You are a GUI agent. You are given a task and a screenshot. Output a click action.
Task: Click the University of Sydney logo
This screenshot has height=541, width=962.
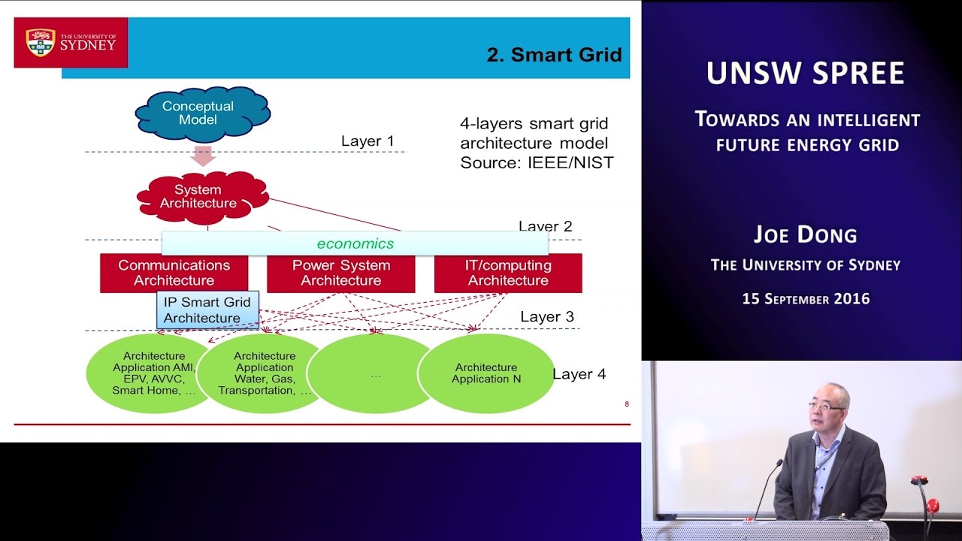pos(71,43)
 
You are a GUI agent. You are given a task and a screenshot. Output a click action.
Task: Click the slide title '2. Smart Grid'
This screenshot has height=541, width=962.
pos(554,55)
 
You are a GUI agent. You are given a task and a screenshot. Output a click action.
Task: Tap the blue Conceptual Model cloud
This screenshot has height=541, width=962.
pos(198,113)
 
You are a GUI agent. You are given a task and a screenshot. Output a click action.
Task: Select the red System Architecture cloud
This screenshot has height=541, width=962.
pos(198,197)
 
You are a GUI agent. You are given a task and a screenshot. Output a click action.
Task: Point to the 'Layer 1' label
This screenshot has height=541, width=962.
pos(367,141)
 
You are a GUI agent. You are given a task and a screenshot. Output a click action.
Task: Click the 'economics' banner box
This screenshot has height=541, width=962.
pos(355,243)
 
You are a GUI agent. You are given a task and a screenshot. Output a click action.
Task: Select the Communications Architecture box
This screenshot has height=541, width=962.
pos(174,273)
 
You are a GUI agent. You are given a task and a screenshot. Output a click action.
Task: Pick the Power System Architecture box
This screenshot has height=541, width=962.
pos(340,273)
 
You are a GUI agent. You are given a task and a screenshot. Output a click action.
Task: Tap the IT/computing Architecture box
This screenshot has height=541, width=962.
pos(507,273)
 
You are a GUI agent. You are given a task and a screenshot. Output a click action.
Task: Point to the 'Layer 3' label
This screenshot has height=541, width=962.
pos(546,317)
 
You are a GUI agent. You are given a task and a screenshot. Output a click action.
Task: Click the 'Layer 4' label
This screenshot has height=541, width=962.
pos(579,374)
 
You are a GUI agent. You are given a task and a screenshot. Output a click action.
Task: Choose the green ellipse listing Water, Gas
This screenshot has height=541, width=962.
pos(264,373)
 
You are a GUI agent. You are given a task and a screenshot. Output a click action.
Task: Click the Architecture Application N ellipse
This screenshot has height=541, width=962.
pos(486,373)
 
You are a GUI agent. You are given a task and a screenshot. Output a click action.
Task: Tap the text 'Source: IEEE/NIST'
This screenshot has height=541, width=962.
pos(537,162)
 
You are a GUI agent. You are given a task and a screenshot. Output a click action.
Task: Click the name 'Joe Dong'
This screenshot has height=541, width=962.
pos(805,235)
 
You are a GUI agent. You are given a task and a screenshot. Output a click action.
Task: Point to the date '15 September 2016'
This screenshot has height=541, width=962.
pos(806,299)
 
